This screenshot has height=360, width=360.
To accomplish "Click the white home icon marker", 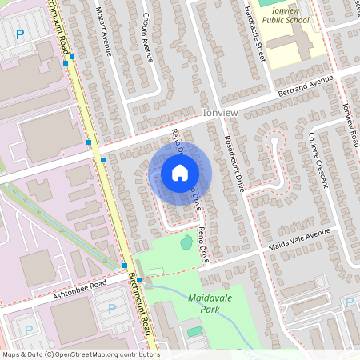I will (x=179, y=173).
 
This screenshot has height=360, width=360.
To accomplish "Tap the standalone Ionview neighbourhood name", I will (x=222, y=114).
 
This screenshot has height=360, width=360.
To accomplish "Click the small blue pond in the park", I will (x=186, y=240).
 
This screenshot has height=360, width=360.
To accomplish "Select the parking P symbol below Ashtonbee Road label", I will (x=111, y=308).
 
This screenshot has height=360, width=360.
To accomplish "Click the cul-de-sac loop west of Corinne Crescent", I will (x=274, y=142).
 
